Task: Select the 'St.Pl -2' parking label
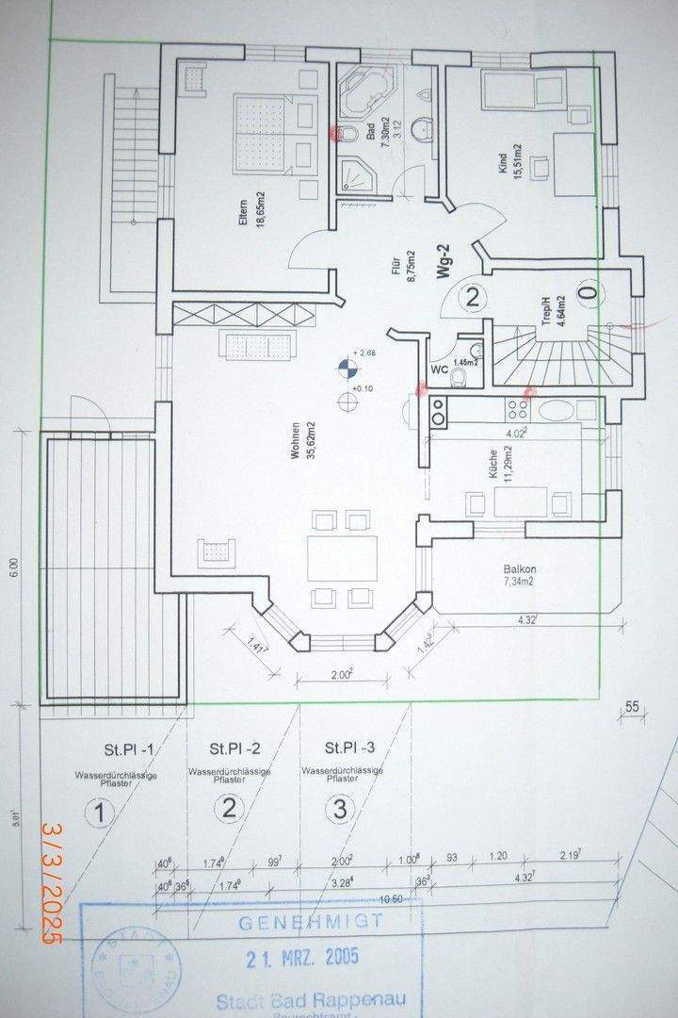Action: (230, 749)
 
